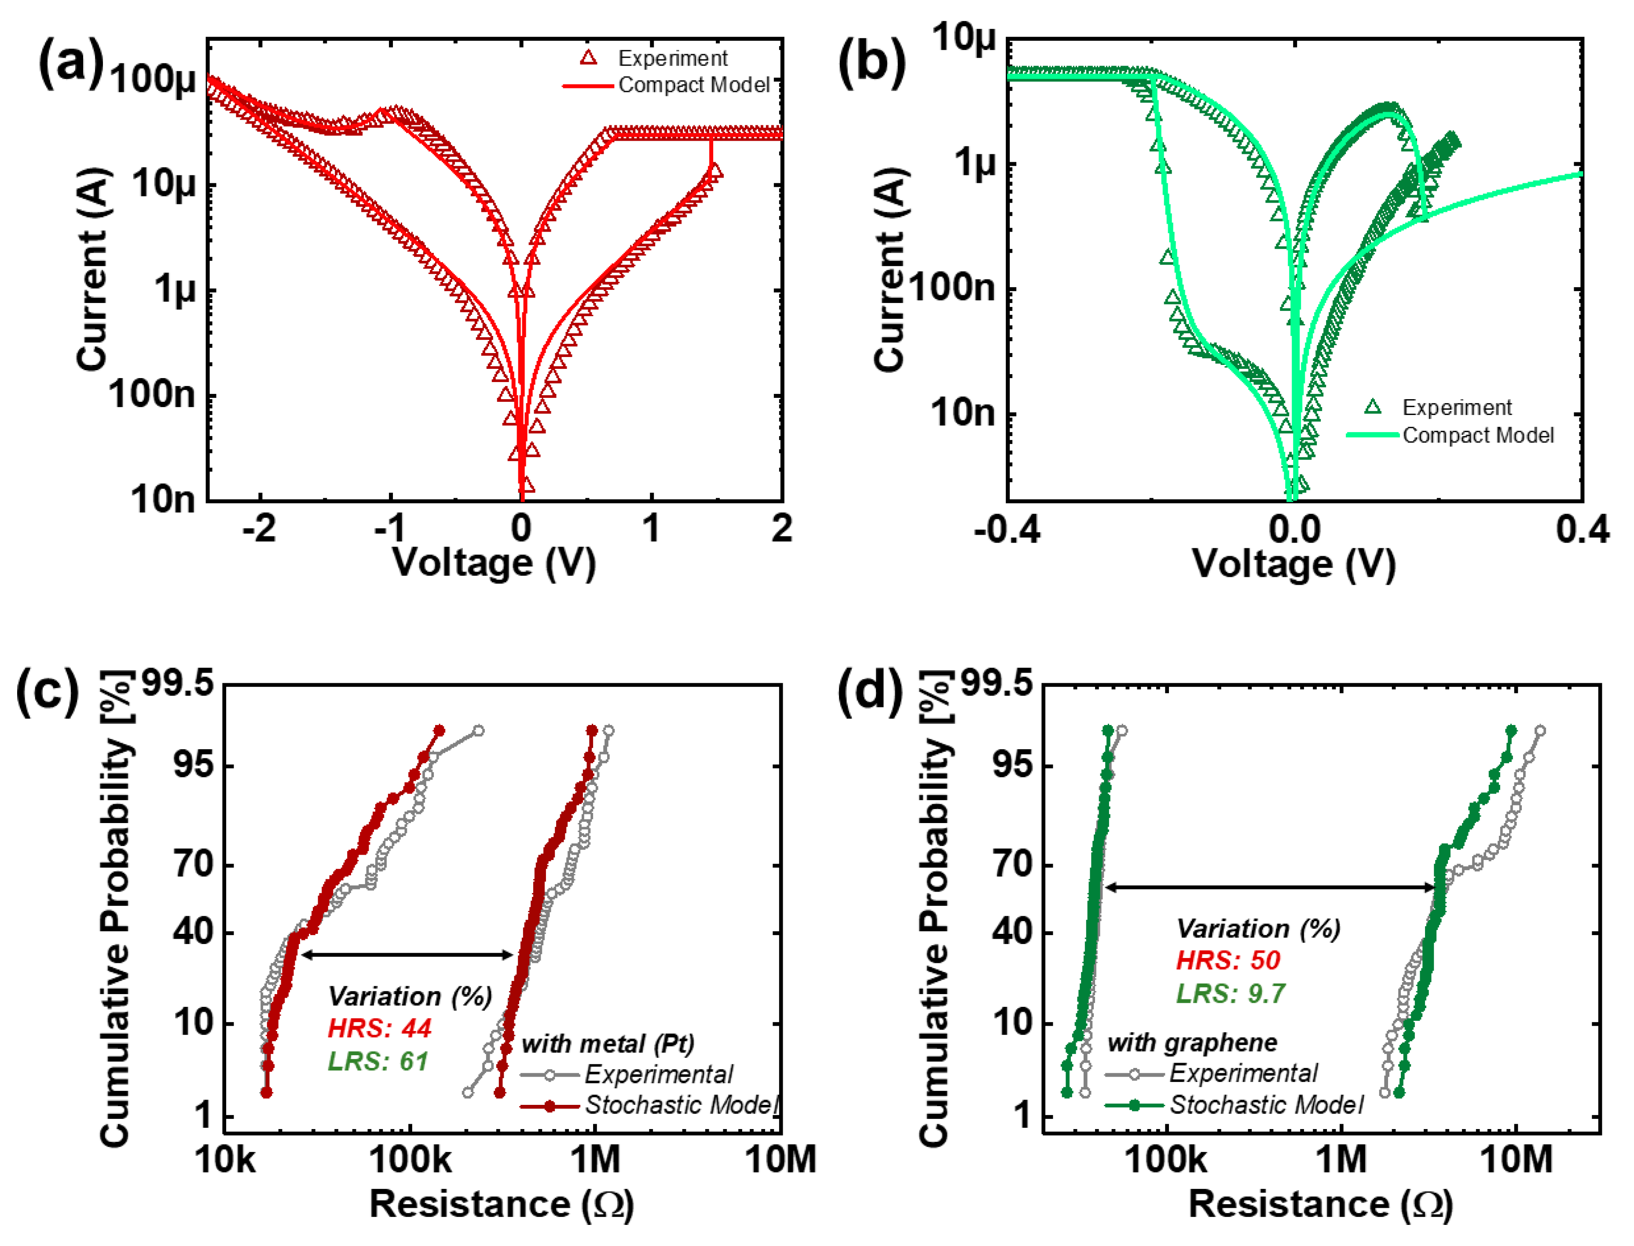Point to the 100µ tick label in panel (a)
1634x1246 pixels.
tap(153, 79)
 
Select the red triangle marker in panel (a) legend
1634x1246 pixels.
tap(589, 58)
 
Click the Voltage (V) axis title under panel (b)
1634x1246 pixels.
tap(1293, 565)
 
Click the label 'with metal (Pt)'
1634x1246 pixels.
tap(608, 1044)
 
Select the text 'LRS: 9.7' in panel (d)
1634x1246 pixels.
tap(1230, 993)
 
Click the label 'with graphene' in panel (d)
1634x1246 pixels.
tap(1192, 1043)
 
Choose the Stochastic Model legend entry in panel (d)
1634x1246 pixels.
tap(1266, 1105)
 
